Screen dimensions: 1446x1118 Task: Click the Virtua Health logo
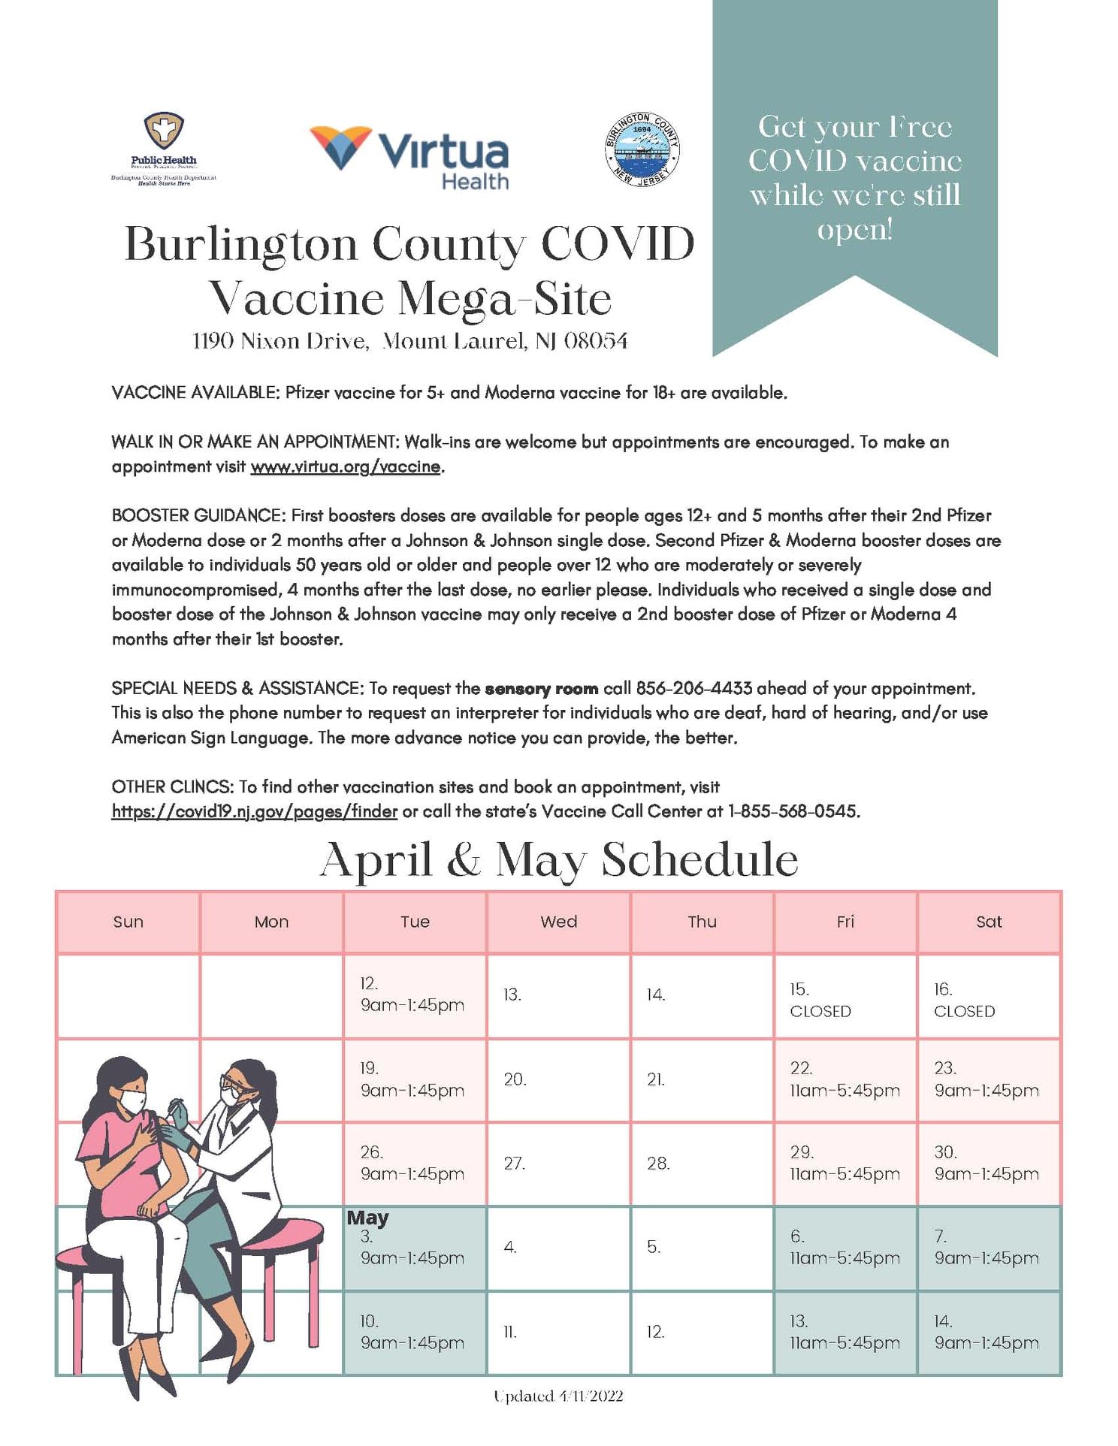[409, 157]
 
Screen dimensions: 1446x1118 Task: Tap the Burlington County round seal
[642, 150]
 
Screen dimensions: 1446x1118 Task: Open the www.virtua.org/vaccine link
[345, 466]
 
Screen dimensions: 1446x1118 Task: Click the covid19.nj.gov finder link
[254, 811]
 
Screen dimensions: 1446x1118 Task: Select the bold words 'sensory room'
[541, 688]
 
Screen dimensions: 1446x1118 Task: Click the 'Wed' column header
[558, 922]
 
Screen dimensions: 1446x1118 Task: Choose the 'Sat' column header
[988, 922]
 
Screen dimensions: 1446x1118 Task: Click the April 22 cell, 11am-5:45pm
[845, 1080]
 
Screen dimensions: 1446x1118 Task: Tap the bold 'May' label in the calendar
[367, 1218]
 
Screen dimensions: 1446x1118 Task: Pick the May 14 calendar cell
[988, 1333]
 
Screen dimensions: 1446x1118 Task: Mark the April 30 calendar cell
[988, 1164]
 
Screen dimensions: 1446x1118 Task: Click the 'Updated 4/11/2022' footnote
[558, 1396]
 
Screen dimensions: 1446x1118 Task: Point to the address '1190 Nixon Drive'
[279, 342]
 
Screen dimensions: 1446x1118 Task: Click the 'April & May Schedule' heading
[558, 859]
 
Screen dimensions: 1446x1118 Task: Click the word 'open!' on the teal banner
[854, 229]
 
